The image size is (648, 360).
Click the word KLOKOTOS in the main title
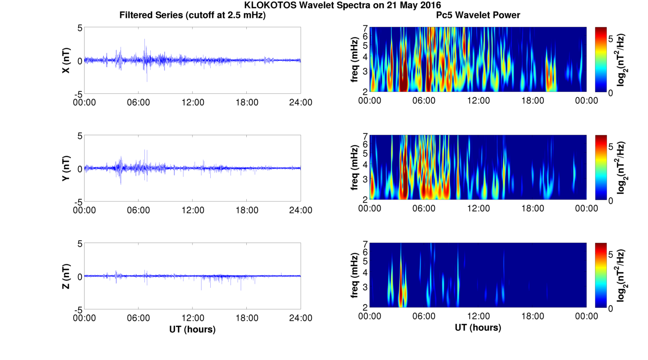(270, 5)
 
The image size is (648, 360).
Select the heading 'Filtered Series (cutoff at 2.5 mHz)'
(192, 15)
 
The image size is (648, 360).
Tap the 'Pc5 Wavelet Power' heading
(478, 15)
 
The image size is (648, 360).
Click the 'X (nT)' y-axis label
(66, 60)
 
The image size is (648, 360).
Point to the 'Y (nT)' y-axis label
(66, 168)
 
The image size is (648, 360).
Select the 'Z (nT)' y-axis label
(66, 276)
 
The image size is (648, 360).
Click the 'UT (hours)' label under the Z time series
(192, 329)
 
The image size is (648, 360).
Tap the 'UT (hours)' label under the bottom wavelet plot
(478, 328)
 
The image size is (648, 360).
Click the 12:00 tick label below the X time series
(193, 102)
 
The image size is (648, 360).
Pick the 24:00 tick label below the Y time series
(301, 210)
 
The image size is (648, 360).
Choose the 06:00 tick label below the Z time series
(138, 318)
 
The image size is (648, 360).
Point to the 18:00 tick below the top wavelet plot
(532, 101)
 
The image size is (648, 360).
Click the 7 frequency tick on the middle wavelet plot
(365, 136)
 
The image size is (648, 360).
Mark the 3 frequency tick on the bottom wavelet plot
(365, 287)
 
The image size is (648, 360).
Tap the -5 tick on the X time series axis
(78, 94)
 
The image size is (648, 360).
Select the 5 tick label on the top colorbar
(611, 39)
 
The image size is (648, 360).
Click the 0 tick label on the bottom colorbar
(611, 309)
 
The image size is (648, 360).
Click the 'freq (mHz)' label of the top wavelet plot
(355, 59)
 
